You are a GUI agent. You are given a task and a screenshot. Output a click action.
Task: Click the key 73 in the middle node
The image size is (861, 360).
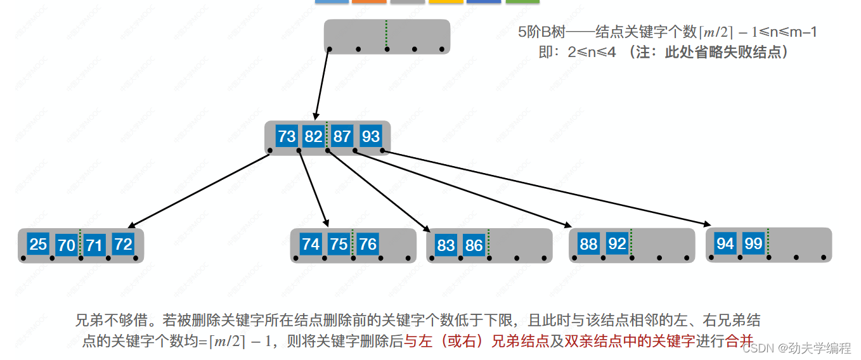click(x=287, y=136)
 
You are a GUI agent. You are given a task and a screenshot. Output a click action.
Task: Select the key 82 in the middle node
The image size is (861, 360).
click(x=313, y=136)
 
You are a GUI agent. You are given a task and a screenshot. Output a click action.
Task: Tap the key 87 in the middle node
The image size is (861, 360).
click(x=342, y=136)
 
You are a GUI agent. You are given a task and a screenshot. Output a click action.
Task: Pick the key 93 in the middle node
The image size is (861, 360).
click(x=370, y=136)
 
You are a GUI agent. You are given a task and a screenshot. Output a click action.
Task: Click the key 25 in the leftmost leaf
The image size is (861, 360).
click(x=38, y=244)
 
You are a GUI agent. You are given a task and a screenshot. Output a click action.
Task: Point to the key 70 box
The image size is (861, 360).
click(x=67, y=245)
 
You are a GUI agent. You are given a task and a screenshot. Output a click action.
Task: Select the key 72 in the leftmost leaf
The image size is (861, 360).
click(x=123, y=244)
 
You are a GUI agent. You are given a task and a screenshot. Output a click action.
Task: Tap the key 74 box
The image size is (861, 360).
click(x=311, y=244)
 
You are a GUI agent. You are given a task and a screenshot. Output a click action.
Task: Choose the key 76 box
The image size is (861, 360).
click(x=367, y=244)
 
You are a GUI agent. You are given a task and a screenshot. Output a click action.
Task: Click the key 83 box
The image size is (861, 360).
click(x=446, y=245)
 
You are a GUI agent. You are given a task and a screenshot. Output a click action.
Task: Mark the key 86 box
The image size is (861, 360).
click(x=474, y=245)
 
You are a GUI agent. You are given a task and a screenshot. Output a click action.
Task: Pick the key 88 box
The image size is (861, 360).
click(x=589, y=244)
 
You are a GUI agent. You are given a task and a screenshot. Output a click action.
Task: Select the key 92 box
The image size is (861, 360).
click(x=617, y=244)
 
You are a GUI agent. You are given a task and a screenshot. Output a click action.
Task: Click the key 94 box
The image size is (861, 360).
click(x=725, y=243)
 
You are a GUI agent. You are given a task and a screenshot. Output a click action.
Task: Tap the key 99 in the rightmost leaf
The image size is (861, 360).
click(x=753, y=243)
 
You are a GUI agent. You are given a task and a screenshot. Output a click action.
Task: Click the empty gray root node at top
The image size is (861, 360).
click(x=387, y=36)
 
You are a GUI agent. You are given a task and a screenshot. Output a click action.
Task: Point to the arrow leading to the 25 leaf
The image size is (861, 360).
click(x=200, y=190)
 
